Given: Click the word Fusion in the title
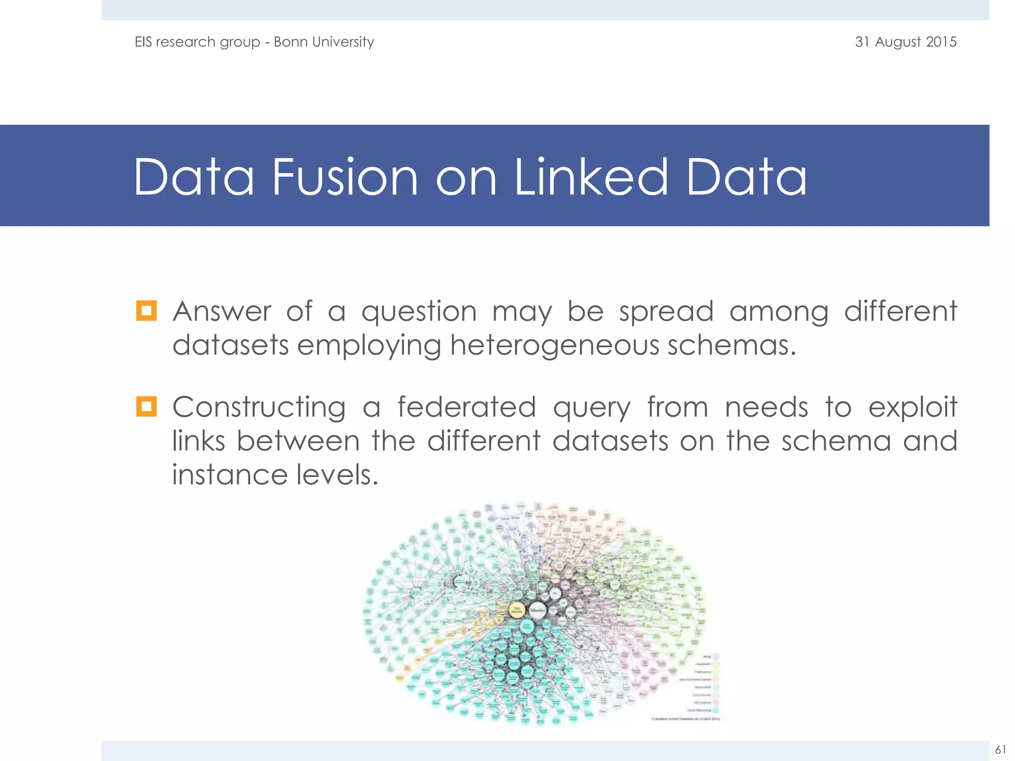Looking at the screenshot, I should point(345,177).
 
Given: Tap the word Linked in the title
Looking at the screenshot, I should point(591,177).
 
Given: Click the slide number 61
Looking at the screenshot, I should point(1001,749).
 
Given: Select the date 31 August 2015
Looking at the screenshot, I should point(905,42).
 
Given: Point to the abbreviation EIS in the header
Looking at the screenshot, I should point(143,42).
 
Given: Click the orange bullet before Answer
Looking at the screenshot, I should point(146,311).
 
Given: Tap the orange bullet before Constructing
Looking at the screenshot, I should point(146,406).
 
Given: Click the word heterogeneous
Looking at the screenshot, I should point(555,345).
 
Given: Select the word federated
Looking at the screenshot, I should point(466,407).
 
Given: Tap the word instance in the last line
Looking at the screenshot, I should point(229,475).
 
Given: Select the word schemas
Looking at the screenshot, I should point(731,345).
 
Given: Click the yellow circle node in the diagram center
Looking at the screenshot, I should point(517,610).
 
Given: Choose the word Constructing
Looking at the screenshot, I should point(259,408).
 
